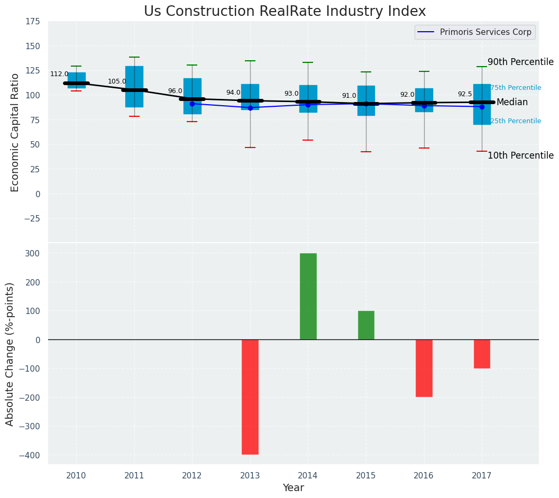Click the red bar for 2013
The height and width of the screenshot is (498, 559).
pos(250,396)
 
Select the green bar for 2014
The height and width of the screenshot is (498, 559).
pos(308,296)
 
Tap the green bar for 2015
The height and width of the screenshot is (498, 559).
pos(366,325)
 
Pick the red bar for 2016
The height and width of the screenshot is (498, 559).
pos(424,368)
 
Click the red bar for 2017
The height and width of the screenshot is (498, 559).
pos(482,354)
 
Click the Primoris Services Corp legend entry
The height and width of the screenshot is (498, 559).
pos(475,32)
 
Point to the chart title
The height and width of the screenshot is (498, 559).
pos(285,12)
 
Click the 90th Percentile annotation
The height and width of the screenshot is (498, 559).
pos(520,62)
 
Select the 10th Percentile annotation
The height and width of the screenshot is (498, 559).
pos(520,155)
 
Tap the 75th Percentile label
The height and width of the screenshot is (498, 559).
pos(516,88)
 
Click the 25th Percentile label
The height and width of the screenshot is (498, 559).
pos(516,121)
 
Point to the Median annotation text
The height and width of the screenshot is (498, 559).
pos(512,102)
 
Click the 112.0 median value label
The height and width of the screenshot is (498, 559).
pos(59,74)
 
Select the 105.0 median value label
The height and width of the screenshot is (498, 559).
pos(117,81)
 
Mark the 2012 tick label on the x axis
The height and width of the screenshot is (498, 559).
pos(192,476)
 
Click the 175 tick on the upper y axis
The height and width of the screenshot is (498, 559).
pos(32,21)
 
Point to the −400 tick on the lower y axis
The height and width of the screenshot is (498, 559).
pos(31,455)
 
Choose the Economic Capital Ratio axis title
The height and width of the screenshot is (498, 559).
pos(15,132)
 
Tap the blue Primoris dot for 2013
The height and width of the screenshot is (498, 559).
pos(250,108)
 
